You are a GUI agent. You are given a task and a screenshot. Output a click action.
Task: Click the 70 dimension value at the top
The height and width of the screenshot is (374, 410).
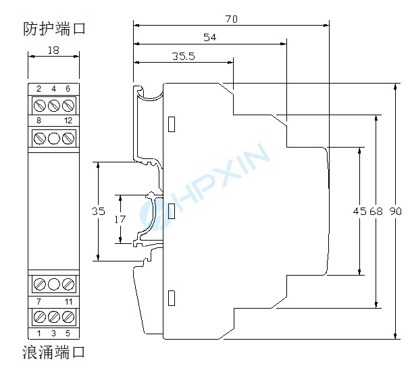[231, 20]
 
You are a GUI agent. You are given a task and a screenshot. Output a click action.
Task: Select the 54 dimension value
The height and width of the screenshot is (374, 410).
[209, 38]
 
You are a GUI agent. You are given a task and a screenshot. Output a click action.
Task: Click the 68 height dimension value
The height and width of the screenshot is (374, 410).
[376, 212]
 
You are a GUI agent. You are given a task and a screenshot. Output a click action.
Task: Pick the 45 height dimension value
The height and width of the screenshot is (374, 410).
[359, 212]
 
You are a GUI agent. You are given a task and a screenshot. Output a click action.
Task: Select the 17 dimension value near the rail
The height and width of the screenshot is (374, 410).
[120, 219]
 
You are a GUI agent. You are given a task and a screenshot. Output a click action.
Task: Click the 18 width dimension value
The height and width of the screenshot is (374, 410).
[53, 49]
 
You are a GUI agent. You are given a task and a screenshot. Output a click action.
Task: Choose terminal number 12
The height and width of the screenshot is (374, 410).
[68, 120]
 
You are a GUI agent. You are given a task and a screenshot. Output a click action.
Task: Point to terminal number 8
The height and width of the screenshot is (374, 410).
[39, 120]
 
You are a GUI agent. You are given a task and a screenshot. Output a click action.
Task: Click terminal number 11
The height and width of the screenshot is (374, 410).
[68, 301]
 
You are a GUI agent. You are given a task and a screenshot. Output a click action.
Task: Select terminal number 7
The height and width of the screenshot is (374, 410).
[39, 301]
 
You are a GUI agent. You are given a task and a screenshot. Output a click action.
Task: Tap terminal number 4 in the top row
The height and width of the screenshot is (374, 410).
[53, 89]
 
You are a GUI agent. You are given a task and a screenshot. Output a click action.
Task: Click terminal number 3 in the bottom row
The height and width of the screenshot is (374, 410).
[53, 333]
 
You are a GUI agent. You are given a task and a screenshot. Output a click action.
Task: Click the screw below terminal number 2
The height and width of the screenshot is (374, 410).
[39, 105]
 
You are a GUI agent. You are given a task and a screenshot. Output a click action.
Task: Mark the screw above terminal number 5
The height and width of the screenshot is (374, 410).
[68, 316]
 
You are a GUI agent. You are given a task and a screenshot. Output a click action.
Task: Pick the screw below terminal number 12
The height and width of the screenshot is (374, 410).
[68, 138]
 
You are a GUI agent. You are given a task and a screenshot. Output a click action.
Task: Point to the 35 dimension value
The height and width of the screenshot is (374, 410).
[99, 212]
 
